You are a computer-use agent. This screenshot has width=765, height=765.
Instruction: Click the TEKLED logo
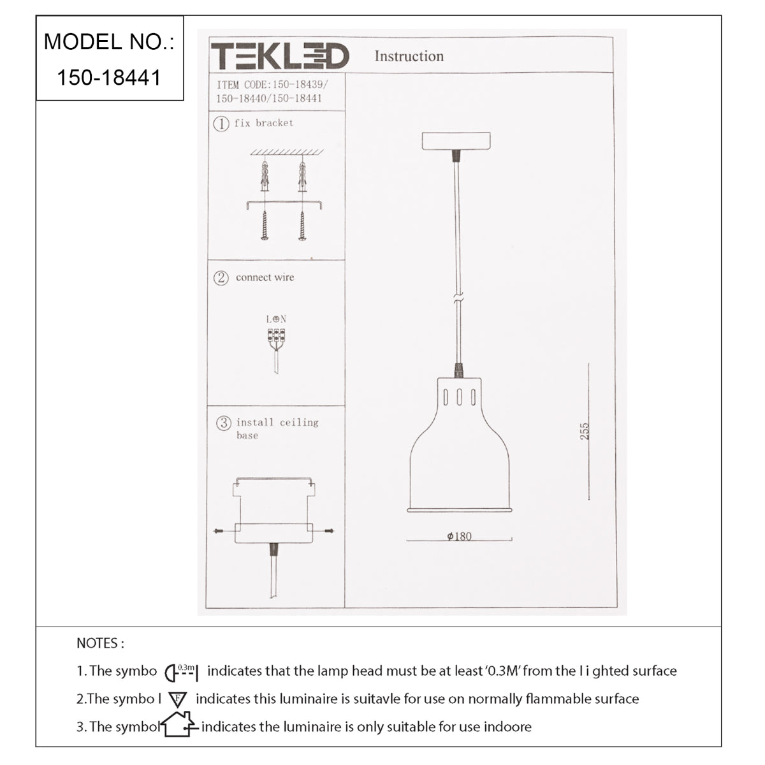point(280,56)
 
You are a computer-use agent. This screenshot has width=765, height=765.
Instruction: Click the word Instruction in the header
point(409,56)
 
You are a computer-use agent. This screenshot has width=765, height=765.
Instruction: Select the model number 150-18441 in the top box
point(109,77)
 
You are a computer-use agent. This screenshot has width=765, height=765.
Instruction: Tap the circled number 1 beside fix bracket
point(221,124)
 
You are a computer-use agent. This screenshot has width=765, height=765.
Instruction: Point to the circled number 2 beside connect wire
point(221,278)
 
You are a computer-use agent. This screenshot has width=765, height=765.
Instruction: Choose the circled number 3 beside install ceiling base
point(224,423)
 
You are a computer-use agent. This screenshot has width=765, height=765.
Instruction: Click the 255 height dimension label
point(585,431)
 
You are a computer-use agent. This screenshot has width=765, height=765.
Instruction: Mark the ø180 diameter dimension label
point(459,536)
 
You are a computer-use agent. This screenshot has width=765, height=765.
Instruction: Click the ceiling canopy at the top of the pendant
point(456,141)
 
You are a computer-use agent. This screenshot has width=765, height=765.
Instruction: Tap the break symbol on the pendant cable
point(458,298)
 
